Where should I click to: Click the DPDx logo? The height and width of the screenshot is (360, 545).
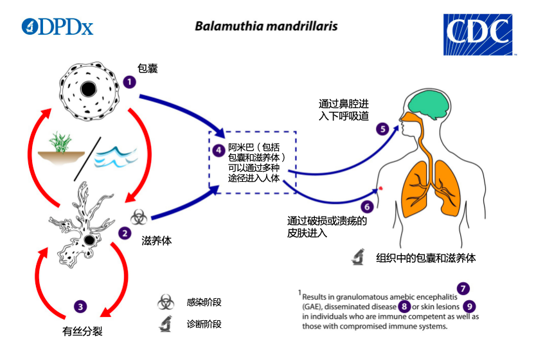click(57, 26)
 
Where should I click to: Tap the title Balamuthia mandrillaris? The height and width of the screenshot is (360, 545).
click(267, 27)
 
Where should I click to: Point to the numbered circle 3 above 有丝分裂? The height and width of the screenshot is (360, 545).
click(80, 307)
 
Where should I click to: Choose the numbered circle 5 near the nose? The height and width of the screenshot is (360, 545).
click(382, 129)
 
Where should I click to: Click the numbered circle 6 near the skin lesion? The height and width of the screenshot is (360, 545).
click(366, 207)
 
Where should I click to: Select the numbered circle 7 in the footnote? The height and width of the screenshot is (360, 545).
click(462, 289)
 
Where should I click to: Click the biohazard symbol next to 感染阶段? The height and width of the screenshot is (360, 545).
click(165, 302)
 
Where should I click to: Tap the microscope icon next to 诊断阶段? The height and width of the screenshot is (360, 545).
click(165, 324)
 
